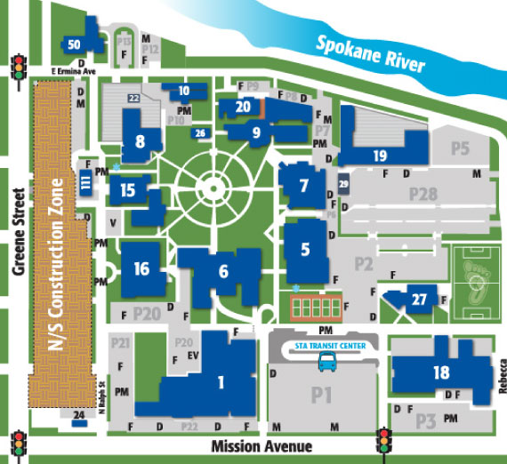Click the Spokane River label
372,53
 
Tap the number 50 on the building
74,44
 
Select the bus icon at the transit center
327,361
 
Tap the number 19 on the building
380,155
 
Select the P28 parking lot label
423,194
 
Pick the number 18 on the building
441,372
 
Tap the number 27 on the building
419,300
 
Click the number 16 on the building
141,269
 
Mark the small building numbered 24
80,415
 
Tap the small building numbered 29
343,186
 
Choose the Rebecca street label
502,372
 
